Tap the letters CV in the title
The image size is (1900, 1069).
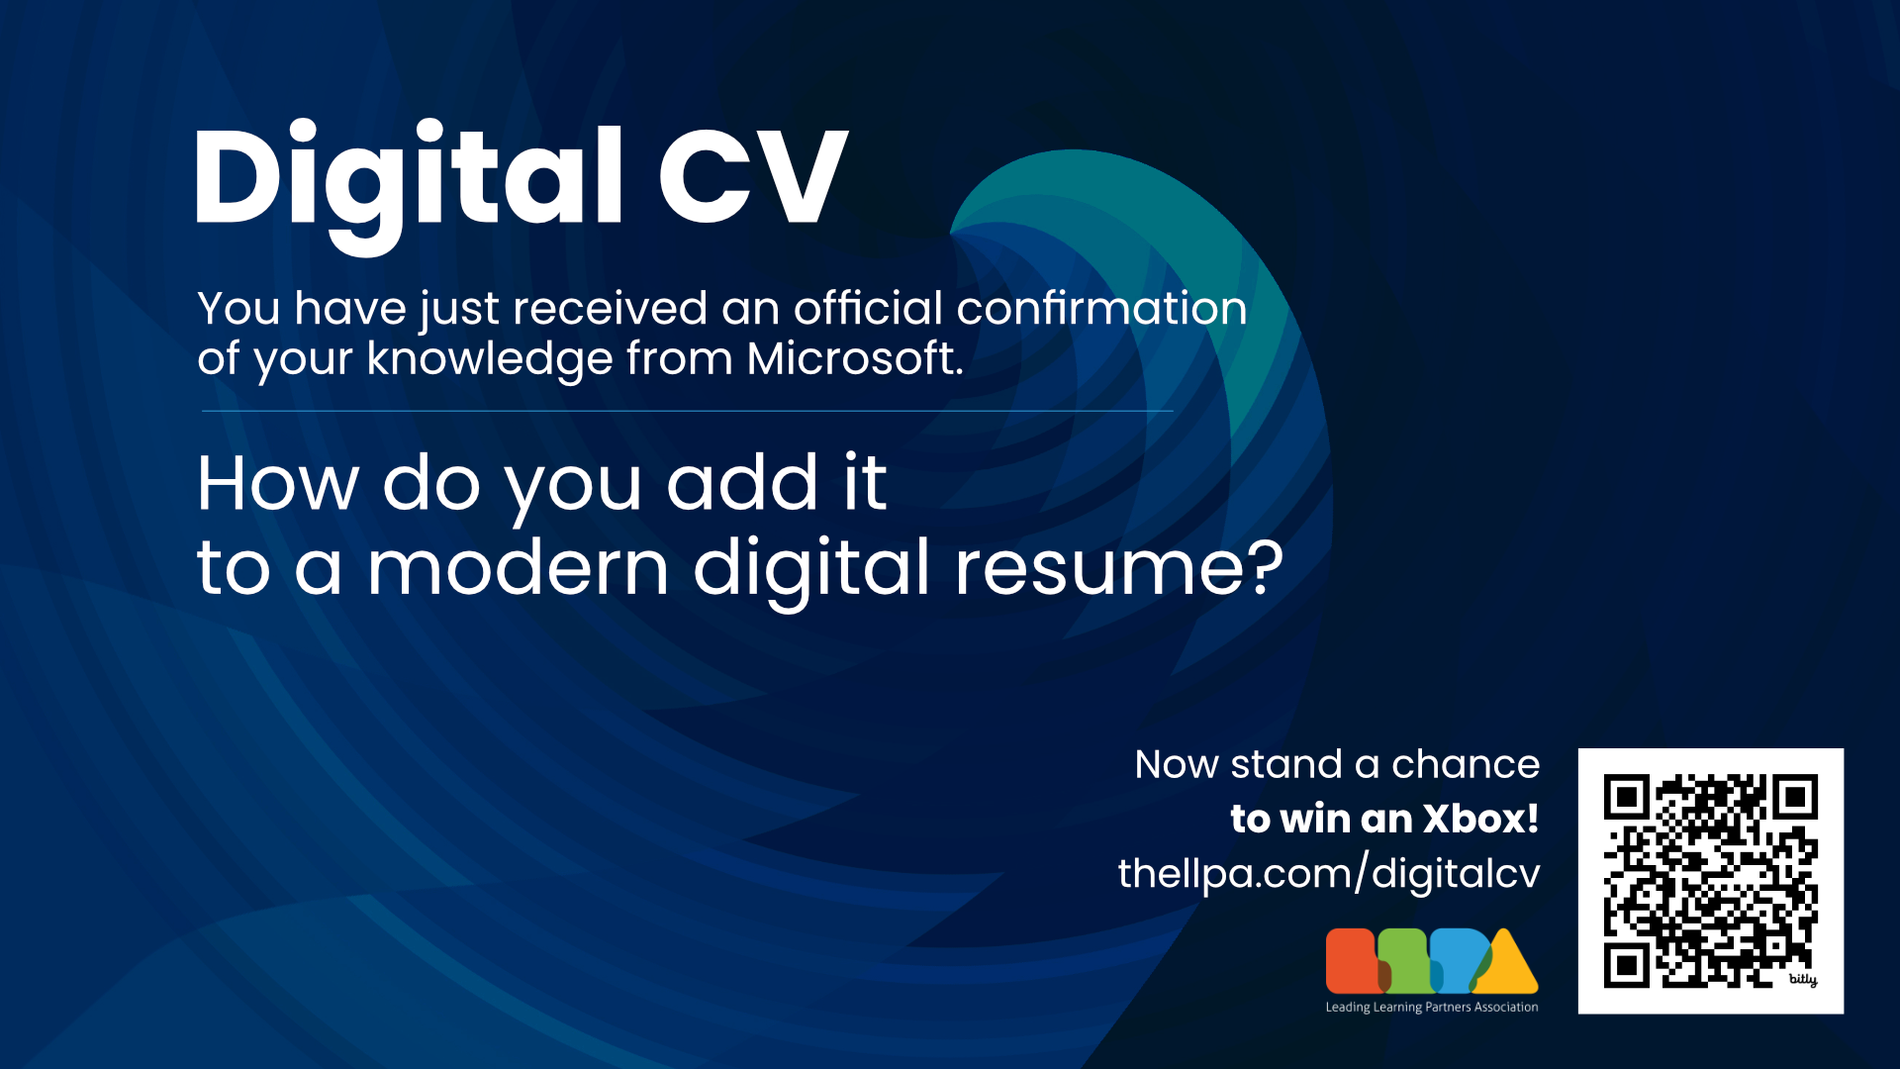[752, 178]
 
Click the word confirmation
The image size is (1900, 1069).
[1101, 309]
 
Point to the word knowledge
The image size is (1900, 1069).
[489, 358]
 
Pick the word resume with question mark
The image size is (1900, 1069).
[1118, 569]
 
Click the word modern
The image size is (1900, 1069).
[518, 569]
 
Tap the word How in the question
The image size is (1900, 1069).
[278, 484]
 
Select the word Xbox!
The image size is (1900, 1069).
[1480, 820]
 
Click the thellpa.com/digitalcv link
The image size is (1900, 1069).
[1329, 874]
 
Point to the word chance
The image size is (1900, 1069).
[1466, 765]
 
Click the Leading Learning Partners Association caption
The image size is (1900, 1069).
[1432, 1008]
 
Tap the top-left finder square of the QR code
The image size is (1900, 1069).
[1626, 797]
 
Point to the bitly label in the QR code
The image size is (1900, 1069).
[1803, 980]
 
